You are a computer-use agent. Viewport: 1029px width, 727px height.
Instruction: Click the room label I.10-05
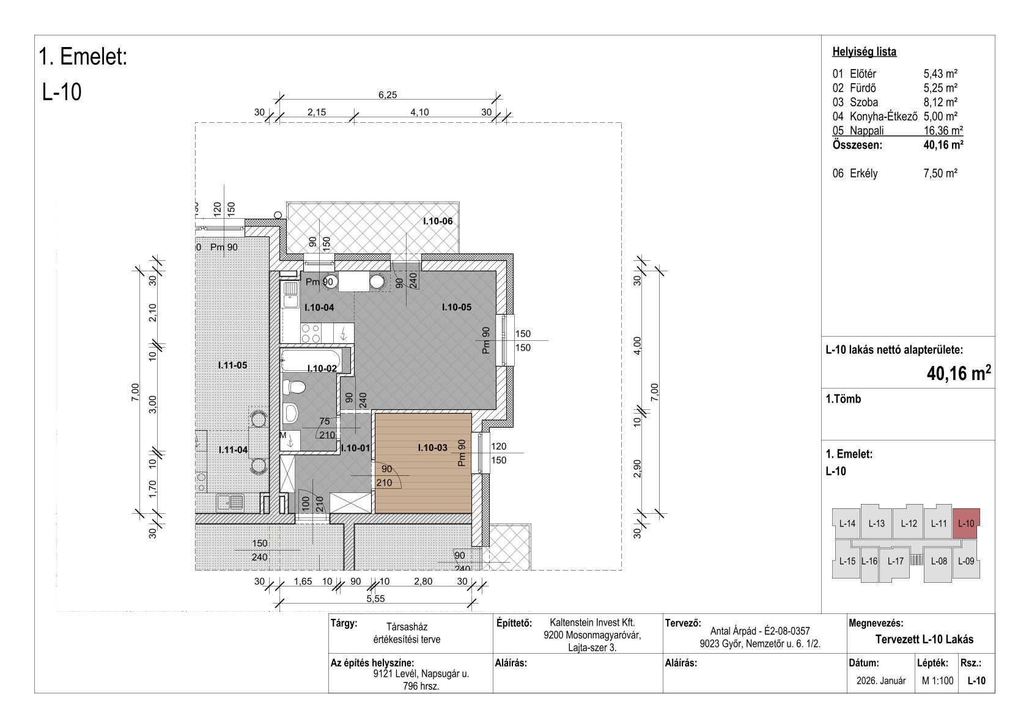point(457,307)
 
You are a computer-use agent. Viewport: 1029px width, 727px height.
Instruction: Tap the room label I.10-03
point(432,447)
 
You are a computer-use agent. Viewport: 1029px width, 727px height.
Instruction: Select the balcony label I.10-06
point(438,221)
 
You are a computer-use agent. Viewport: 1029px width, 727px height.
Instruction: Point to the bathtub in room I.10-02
point(311,359)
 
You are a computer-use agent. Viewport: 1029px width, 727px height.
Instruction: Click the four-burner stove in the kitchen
point(311,333)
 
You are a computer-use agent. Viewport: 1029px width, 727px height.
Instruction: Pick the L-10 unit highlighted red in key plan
point(965,523)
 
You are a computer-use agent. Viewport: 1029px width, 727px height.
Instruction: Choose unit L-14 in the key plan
point(847,523)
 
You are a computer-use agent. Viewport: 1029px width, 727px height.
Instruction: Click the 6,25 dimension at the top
point(388,95)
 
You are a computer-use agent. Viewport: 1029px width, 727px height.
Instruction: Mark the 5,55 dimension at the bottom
point(375,599)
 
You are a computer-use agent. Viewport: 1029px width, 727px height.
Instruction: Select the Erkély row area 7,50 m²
point(940,174)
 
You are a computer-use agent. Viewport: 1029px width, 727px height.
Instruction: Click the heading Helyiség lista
point(864,52)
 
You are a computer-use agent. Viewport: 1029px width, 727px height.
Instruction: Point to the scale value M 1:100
point(937,681)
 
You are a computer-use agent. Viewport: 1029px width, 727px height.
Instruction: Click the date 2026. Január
point(881,681)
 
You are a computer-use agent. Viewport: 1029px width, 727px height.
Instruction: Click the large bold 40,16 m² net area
point(958,373)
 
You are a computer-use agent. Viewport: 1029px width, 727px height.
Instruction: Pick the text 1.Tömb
point(843,399)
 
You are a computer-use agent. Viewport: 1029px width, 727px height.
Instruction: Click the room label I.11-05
point(232,365)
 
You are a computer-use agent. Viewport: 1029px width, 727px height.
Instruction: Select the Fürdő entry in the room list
point(863,87)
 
